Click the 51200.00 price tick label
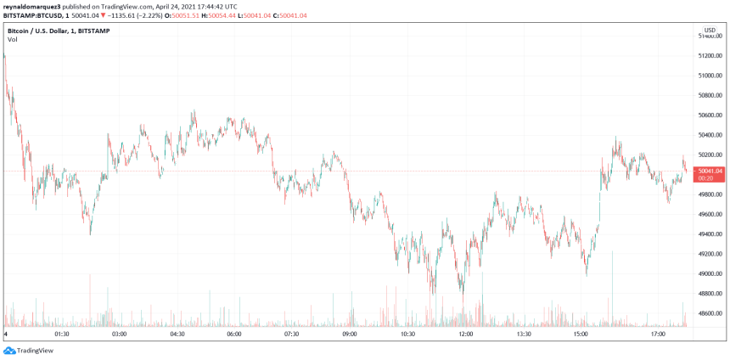710,55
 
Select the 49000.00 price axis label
710,273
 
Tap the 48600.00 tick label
710,313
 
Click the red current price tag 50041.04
710,171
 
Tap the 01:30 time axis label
61,335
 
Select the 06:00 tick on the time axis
234,335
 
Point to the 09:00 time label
350,335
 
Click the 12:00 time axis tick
465,335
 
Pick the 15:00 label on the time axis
581,335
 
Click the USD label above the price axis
710,30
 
